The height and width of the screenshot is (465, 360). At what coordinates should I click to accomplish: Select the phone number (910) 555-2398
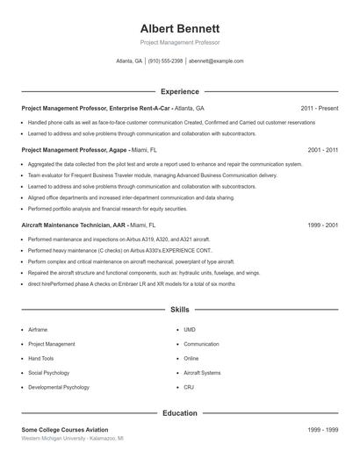pos(165,61)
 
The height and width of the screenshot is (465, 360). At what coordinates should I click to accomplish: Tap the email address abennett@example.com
pos(216,61)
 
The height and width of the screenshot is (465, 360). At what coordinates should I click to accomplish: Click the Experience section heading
pos(179,91)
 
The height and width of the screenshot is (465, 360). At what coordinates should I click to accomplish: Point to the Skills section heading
pos(179,310)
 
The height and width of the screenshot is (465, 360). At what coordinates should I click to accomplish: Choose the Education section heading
pos(179,412)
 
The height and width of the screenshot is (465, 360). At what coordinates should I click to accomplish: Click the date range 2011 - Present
pos(319,108)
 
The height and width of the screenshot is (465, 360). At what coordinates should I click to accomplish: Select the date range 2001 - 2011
pos(322,150)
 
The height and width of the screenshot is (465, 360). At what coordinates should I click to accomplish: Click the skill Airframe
pos(38,330)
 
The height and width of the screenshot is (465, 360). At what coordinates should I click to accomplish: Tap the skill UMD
pos(190,330)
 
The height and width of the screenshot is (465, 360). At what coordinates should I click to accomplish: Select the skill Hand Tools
pos(41,358)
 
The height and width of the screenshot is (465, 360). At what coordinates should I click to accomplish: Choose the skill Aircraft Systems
pos(202,372)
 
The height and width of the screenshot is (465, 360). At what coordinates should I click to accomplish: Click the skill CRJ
pos(189,387)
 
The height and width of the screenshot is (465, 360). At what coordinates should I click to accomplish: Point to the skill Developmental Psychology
pos(59,387)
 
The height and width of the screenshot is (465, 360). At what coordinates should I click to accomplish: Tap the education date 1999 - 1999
pos(322,429)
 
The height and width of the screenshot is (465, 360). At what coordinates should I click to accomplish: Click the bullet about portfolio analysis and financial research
pos(107,209)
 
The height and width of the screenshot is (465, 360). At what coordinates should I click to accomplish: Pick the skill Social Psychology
pos(49,372)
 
